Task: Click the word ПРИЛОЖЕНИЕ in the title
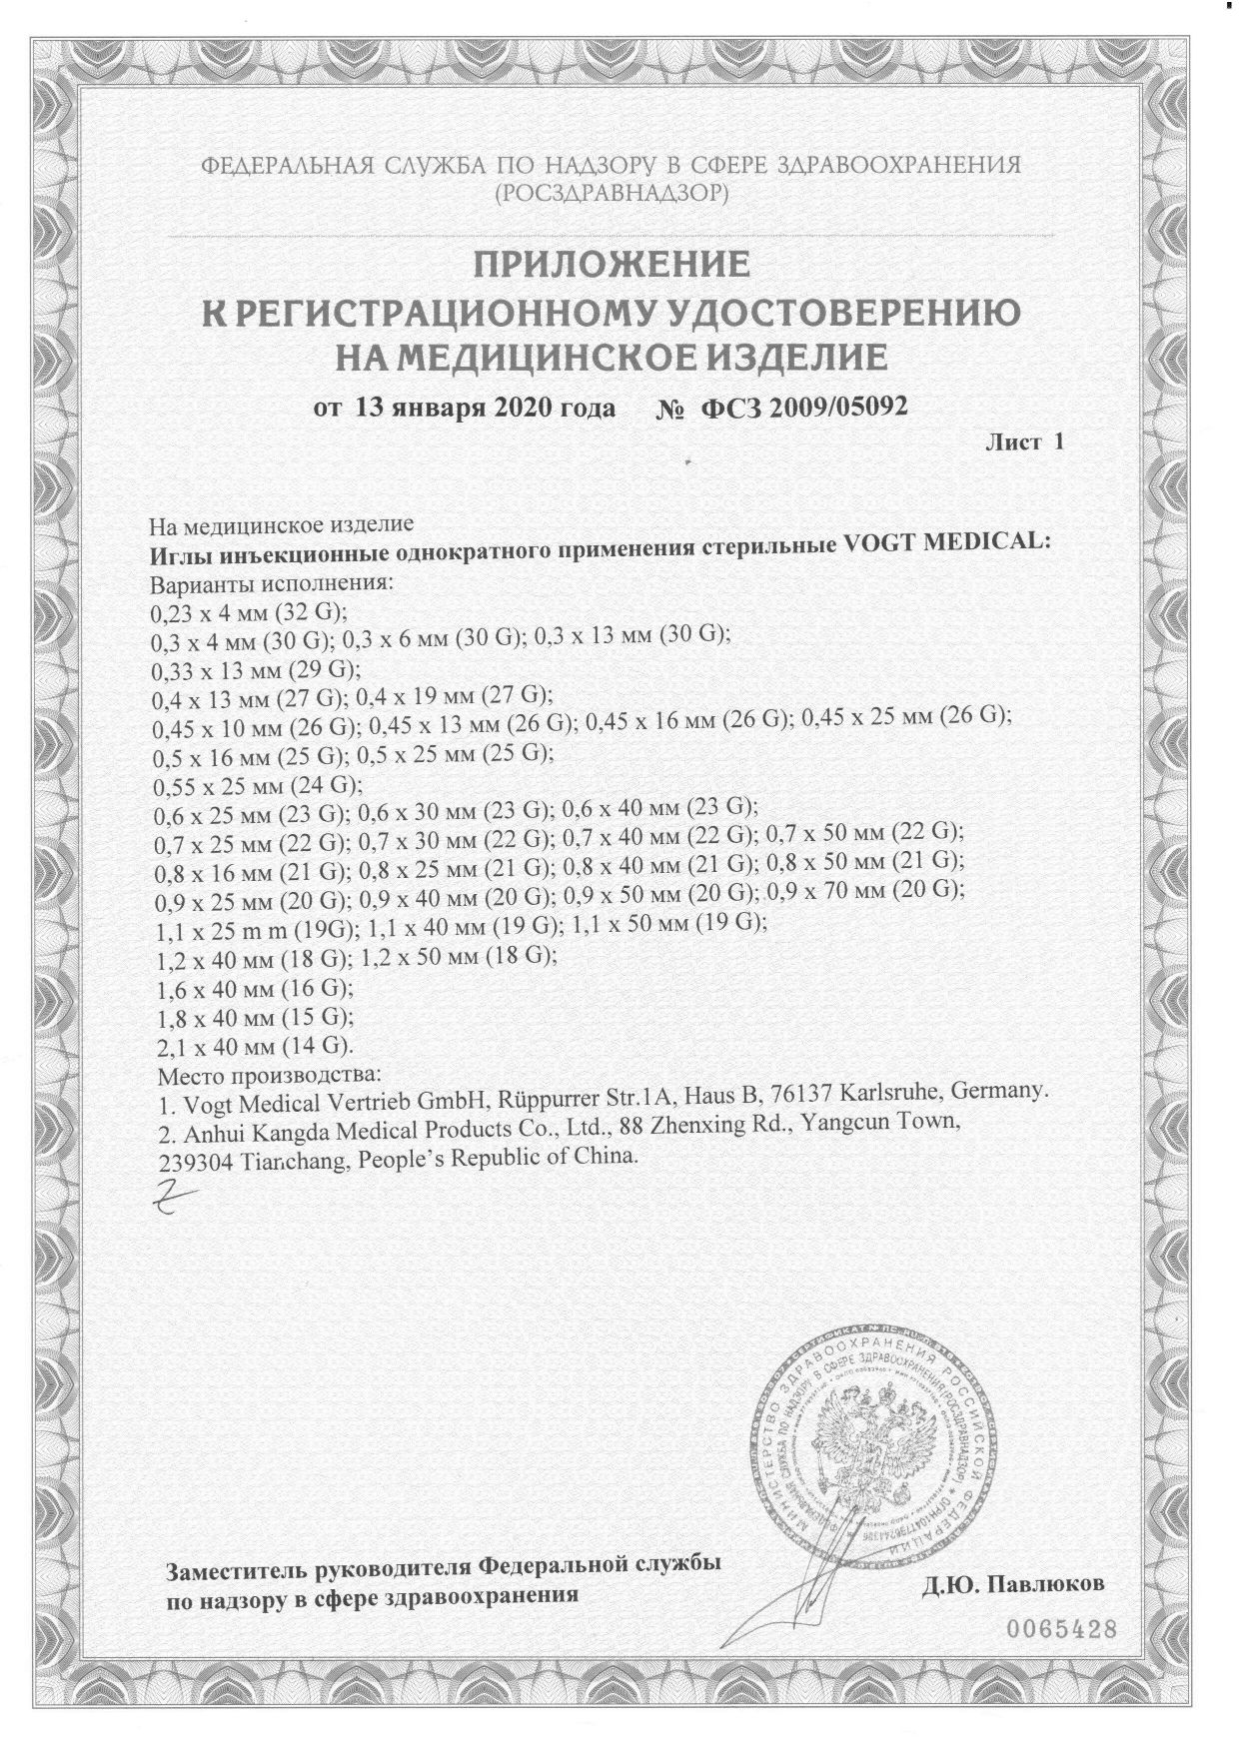point(611,265)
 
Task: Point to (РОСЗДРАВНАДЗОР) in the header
point(612,193)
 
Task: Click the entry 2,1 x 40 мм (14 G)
point(257,1046)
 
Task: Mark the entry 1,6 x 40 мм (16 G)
point(256,989)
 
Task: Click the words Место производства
point(271,1075)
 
